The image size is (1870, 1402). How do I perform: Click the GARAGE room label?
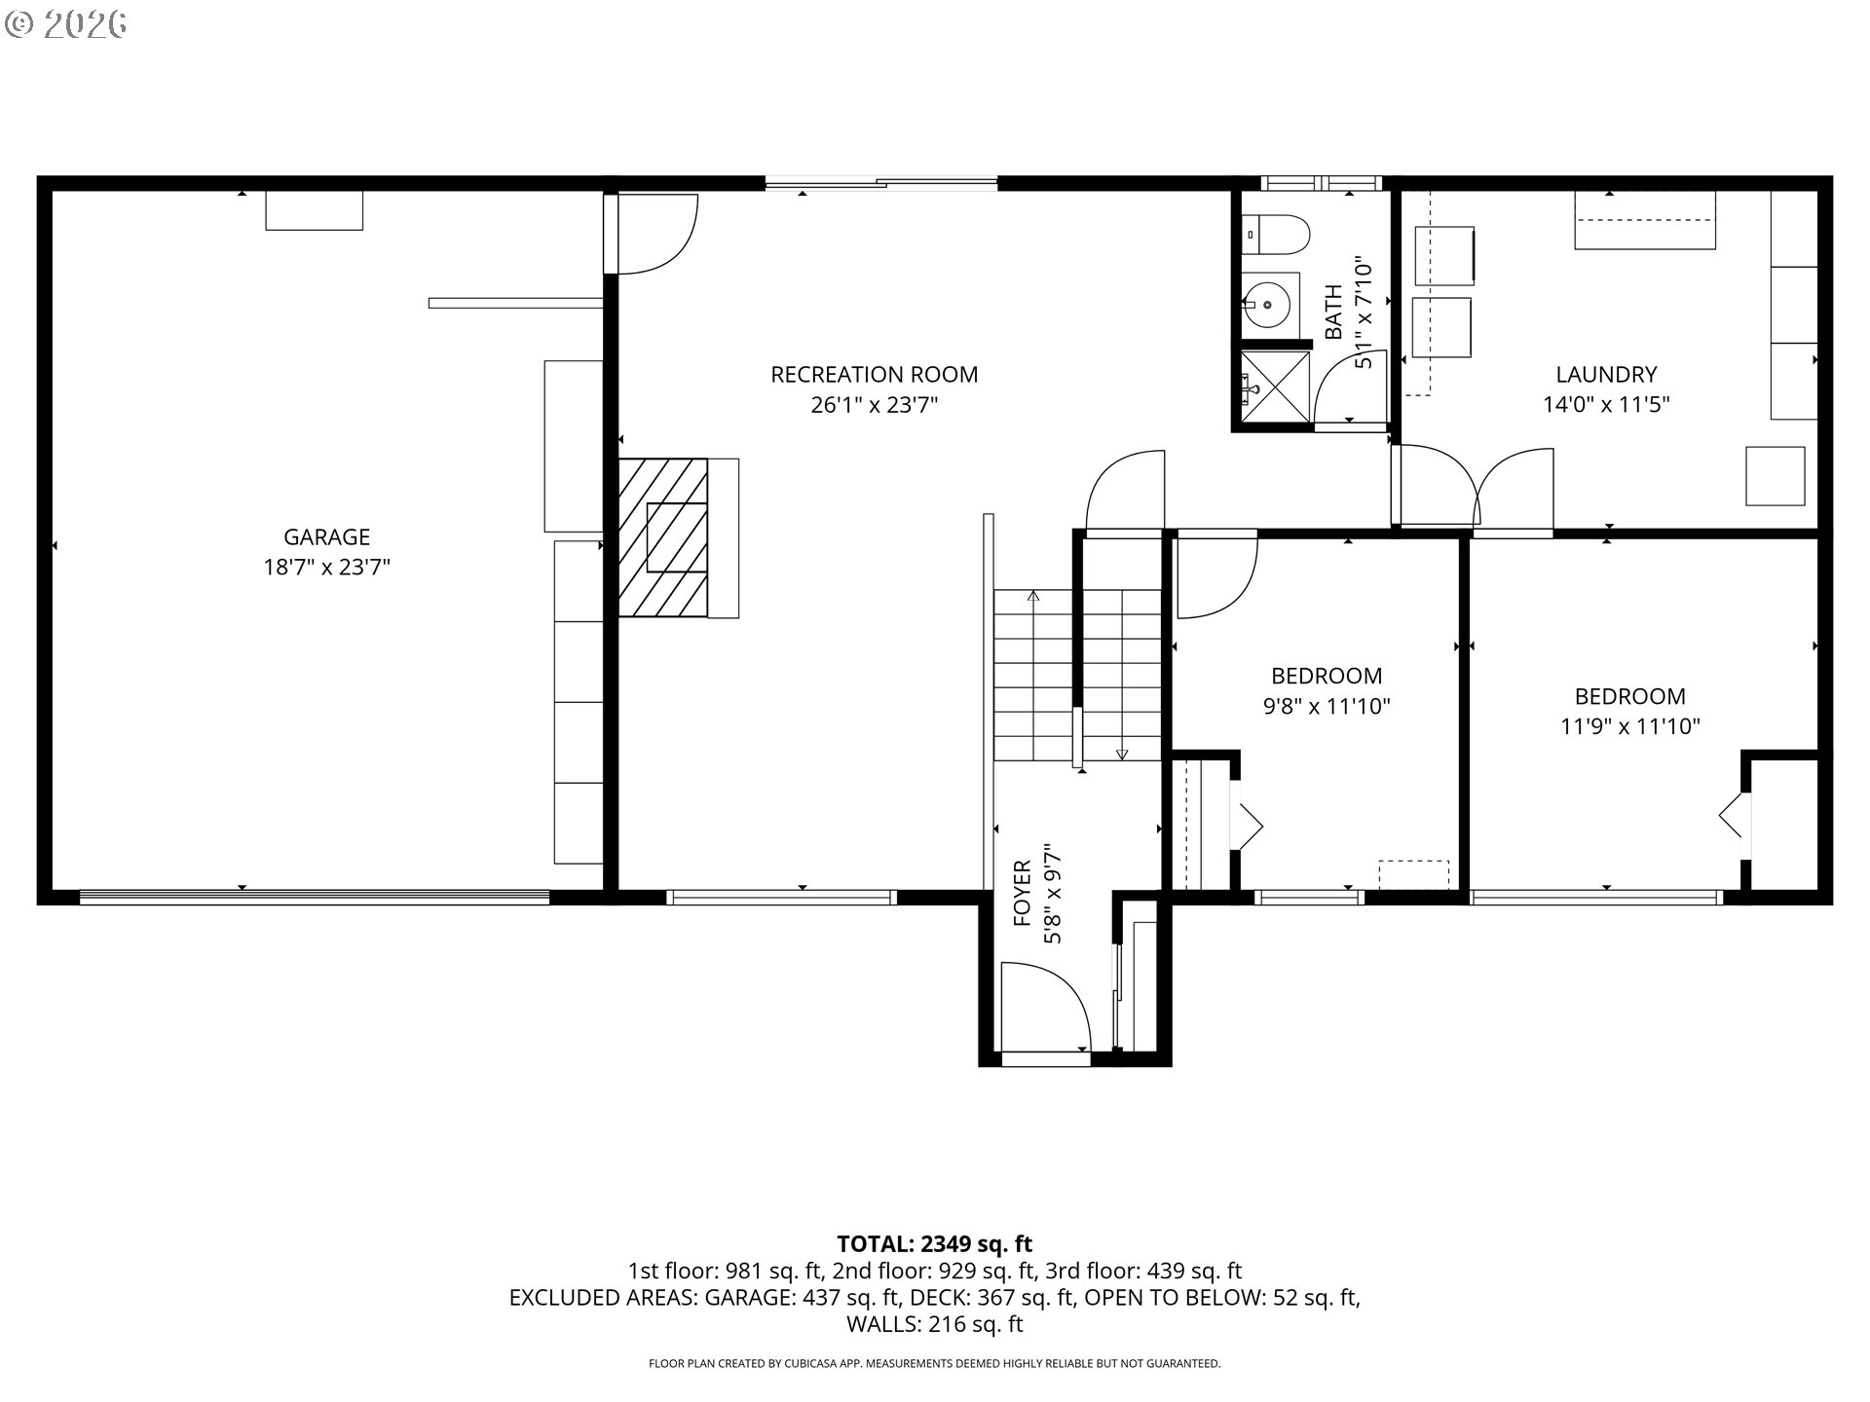(x=326, y=536)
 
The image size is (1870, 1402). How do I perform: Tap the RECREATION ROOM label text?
(x=874, y=374)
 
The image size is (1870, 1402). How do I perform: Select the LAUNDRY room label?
(x=1606, y=374)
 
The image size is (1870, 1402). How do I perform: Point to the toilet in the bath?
(x=1278, y=234)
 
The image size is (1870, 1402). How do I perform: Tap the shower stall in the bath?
(x=1275, y=387)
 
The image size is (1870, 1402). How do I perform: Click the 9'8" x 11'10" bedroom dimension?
(x=1327, y=706)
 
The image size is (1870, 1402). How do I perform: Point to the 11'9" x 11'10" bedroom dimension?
(x=1630, y=726)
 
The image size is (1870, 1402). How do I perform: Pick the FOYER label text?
(x=1023, y=892)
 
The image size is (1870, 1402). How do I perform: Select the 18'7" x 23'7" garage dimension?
(x=326, y=567)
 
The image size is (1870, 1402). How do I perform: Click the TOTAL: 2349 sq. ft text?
(x=935, y=1243)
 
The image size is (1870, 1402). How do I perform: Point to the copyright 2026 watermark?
(x=66, y=24)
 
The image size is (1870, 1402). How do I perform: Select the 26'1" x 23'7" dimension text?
(x=874, y=405)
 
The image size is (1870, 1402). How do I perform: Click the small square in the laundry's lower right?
(x=1775, y=476)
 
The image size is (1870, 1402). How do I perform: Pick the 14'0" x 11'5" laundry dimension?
(x=1606, y=405)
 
